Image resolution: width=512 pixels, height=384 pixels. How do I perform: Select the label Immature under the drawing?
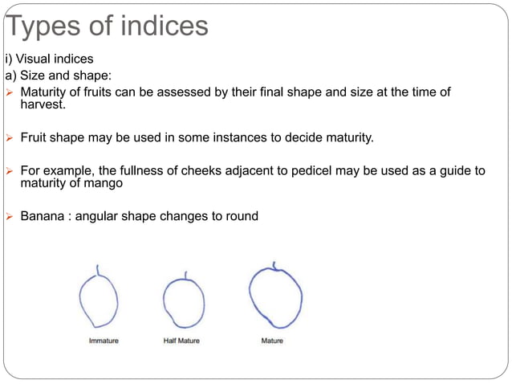pyautogui.click(x=103, y=341)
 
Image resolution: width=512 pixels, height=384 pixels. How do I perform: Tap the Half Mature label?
pyautogui.click(x=181, y=341)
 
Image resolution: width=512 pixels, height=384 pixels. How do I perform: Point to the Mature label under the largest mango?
pyautogui.click(x=272, y=341)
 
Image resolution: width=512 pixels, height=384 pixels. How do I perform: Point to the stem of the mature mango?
pyautogui.click(x=274, y=264)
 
